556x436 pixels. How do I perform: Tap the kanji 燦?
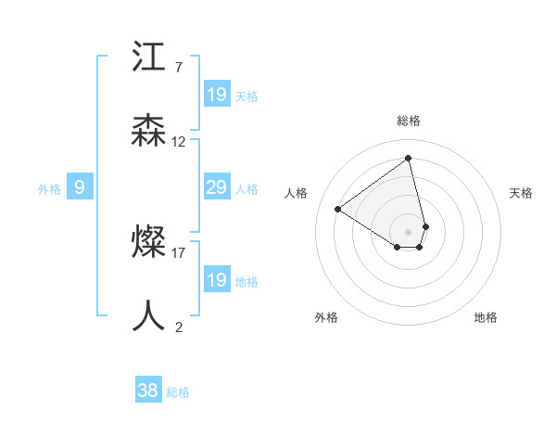tap(149, 243)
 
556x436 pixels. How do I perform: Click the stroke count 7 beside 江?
tap(179, 68)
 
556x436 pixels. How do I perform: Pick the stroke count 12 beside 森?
tap(179, 142)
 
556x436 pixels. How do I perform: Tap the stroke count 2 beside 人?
tap(179, 327)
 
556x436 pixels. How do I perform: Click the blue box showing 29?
tap(216, 188)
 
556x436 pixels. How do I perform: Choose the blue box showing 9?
tap(80, 188)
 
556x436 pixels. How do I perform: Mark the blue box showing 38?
tap(147, 391)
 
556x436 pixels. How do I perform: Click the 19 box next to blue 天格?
tap(216, 95)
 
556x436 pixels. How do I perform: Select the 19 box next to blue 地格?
tap(216, 280)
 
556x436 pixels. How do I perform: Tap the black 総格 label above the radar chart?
tap(408, 121)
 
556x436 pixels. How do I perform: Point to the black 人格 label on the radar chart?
tap(297, 193)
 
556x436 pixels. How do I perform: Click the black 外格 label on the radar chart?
tap(326, 317)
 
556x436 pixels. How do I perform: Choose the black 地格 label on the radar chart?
tap(486, 317)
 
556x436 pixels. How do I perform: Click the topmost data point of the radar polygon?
tap(408, 158)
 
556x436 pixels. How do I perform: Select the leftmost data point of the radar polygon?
tap(338, 209)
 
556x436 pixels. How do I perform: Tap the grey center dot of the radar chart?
tap(408, 231)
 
